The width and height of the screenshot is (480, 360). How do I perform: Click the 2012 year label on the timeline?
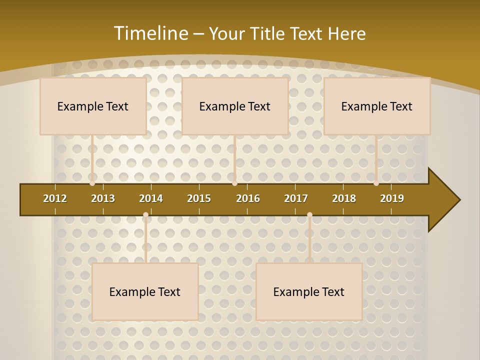(x=55, y=198)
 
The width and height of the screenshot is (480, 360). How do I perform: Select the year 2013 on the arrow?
(x=103, y=198)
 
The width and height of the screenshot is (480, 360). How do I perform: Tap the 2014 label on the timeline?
(x=151, y=198)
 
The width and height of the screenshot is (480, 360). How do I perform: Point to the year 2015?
(x=199, y=198)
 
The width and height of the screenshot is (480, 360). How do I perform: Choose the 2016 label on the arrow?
(x=248, y=198)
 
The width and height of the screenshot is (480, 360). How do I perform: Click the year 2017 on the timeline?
(x=296, y=198)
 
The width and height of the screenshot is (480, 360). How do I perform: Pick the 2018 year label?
(x=344, y=198)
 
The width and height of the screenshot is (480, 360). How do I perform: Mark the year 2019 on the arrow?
(x=392, y=198)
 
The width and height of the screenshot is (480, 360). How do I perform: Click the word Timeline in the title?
(x=150, y=33)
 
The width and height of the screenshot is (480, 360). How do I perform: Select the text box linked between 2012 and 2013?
(x=93, y=106)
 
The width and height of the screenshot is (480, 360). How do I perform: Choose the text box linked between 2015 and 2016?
(x=235, y=106)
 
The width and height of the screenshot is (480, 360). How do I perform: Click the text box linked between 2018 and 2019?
(x=377, y=106)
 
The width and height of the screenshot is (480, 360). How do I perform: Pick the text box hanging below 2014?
(x=145, y=291)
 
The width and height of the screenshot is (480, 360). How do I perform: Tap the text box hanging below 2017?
(x=309, y=291)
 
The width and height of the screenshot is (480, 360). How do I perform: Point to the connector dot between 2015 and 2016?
(x=234, y=183)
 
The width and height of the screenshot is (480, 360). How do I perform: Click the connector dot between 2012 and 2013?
(x=92, y=183)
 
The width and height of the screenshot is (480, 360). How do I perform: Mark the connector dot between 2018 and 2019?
(x=376, y=183)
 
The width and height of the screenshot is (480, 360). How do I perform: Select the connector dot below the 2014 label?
(x=145, y=215)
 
